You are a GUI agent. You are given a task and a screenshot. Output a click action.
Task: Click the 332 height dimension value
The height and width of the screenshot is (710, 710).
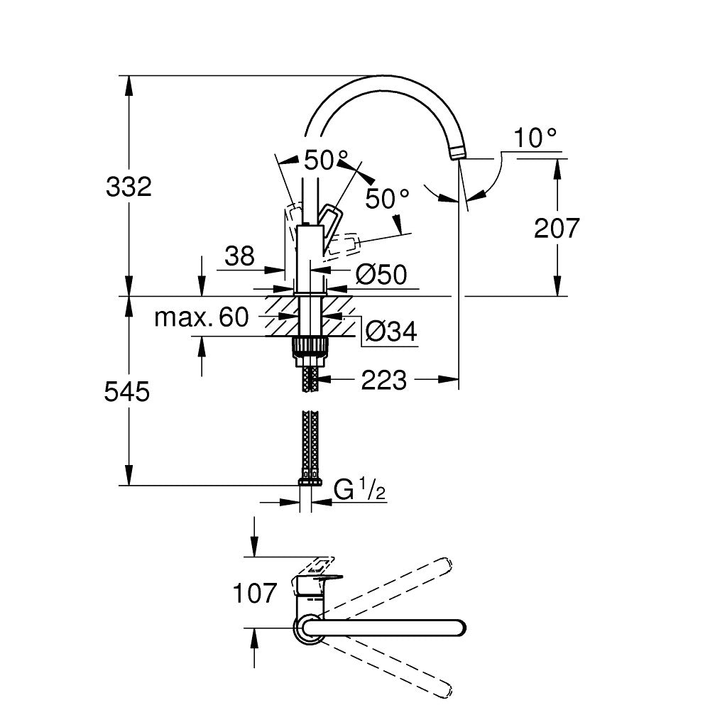tap(129, 187)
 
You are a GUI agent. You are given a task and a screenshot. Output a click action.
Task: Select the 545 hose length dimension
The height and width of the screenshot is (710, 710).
tap(129, 391)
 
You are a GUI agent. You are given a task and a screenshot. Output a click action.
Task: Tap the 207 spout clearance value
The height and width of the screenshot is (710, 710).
tap(557, 229)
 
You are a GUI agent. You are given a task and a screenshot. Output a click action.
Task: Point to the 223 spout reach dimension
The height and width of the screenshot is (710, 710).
tap(383, 381)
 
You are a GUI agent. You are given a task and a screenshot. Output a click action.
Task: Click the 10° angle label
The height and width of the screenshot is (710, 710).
tap(535, 138)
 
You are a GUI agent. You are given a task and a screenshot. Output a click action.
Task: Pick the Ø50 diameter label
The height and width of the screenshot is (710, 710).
tap(381, 275)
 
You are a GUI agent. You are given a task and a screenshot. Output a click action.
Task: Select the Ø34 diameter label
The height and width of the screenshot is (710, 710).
tap(390, 331)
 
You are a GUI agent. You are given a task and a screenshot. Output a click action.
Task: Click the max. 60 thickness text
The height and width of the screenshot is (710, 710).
tap(202, 317)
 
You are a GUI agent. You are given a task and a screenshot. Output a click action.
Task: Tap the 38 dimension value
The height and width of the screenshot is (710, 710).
tap(240, 256)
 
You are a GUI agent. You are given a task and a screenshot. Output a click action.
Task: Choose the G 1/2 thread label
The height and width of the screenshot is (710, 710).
tap(359, 491)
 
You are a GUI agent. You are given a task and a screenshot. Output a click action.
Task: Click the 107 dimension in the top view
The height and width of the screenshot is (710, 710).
tap(254, 593)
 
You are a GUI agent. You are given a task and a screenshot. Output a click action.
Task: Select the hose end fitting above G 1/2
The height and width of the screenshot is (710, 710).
tap(310, 481)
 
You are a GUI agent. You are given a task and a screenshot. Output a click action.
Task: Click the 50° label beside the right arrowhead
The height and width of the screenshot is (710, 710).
tap(388, 199)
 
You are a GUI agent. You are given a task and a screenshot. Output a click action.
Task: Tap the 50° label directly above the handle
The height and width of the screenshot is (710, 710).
tap(326, 160)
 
